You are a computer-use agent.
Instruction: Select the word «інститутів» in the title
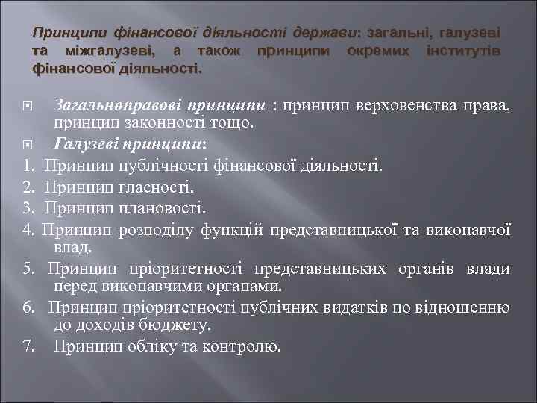pos(461,51)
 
